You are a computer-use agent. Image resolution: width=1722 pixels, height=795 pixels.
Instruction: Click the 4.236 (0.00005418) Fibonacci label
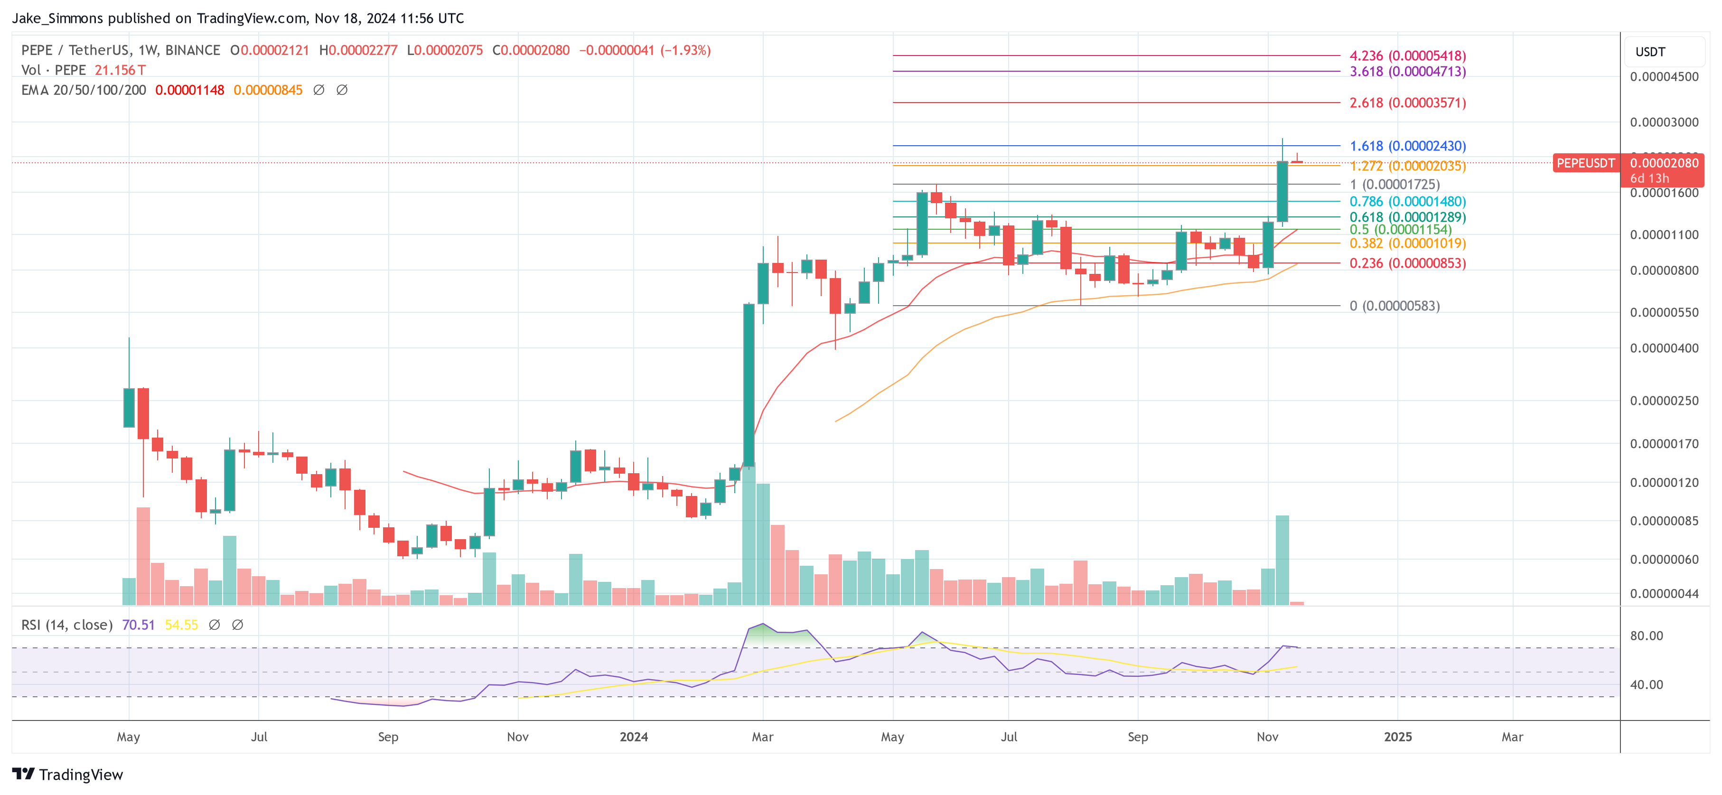[1407, 56]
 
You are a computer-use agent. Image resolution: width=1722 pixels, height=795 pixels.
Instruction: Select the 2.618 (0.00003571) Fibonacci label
[1407, 103]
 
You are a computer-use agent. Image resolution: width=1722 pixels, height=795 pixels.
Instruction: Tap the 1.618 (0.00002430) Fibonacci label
[1407, 146]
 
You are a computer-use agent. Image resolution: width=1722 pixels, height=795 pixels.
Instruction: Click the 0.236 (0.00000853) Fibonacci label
[1407, 263]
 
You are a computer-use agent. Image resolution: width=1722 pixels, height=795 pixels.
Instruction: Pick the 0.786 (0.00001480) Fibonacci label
[1407, 201]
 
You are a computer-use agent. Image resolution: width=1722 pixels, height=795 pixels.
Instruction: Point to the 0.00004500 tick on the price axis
[1664, 77]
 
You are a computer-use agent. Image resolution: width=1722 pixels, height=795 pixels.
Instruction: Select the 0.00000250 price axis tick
[1664, 401]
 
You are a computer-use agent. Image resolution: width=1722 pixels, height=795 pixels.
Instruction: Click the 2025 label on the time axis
[1397, 737]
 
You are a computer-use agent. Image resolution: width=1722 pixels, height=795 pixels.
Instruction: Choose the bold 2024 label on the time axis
[633, 737]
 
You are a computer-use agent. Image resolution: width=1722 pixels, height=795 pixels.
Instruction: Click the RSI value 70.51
[139, 625]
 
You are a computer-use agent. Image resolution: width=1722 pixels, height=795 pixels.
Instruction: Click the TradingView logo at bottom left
[67, 774]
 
